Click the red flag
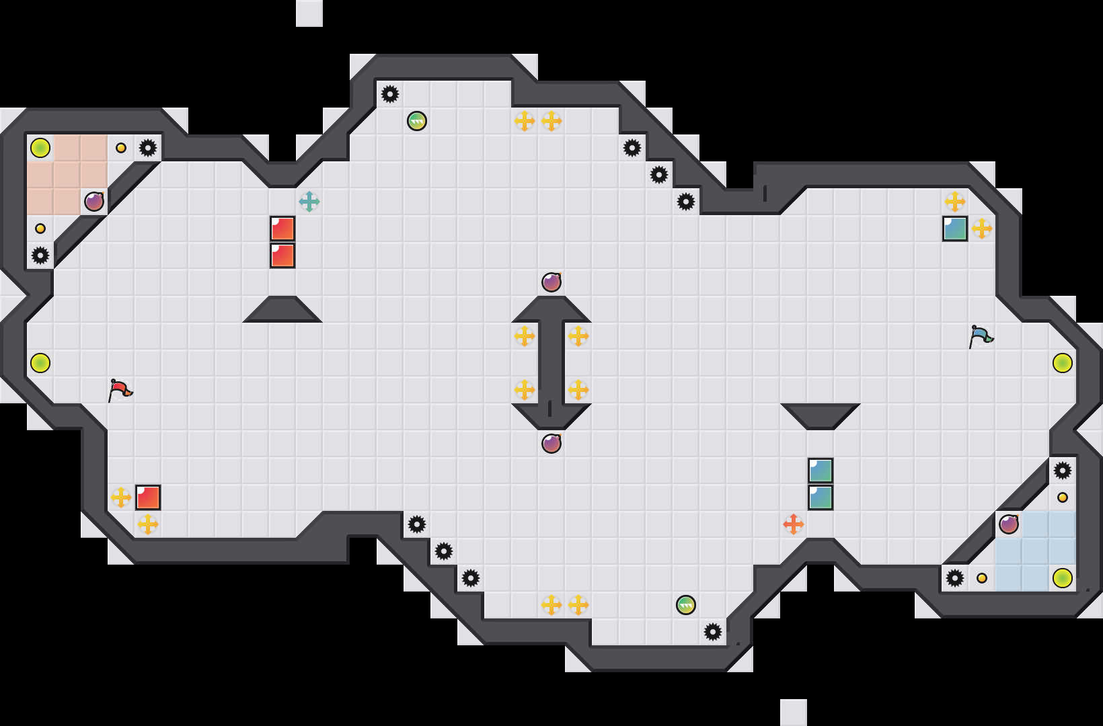point(120,389)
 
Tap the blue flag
point(981,335)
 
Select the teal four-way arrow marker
point(309,201)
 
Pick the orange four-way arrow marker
point(794,524)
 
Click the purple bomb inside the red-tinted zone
point(94,201)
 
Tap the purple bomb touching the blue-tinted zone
point(1009,524)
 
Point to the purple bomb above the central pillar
point(551,282)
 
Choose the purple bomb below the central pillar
point(551,443)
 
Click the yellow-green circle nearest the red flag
point(40,362)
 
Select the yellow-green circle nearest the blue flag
point(1063,362)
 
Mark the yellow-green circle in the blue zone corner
point(1063,577)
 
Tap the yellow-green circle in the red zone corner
point(40,147)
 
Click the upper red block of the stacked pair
point(282,229)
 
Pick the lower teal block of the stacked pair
point(821,497)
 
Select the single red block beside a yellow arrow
point(148,497)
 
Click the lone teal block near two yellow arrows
point(955,229)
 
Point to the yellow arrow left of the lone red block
point(121,497)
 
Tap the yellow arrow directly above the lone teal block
point(955,201)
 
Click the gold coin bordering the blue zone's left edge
point(982,577)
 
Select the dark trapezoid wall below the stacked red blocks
point(282,310)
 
